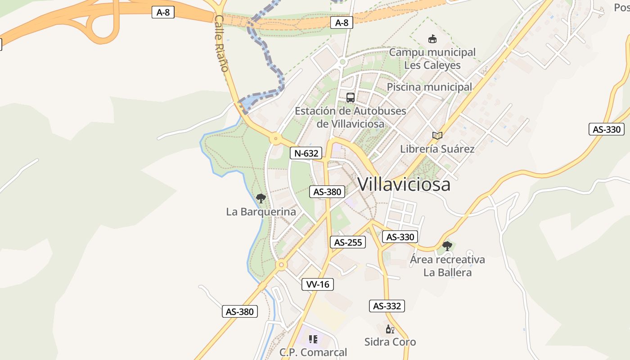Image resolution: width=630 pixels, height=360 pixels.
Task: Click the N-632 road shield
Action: [x=306, y=153]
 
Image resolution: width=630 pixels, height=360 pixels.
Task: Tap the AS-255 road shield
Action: [x=348, y=242]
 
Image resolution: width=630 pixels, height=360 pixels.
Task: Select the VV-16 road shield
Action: [x=318, y=284]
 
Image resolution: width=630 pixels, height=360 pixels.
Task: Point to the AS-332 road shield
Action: [x=387, y=306]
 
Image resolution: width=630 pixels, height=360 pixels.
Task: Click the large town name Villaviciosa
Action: [x=404, y=184]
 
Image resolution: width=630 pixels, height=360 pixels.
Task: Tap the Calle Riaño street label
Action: [x=222, y=44]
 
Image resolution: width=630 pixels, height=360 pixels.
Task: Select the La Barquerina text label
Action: [x=261, y=211]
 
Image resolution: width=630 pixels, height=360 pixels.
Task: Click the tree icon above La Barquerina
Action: [x=261, y=198]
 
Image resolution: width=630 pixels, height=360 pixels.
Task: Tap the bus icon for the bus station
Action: [x=351, y=97]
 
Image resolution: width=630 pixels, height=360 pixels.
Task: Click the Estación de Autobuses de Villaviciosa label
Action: [x=351, y=117]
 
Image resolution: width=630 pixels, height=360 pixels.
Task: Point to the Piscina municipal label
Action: [x=429, y=87]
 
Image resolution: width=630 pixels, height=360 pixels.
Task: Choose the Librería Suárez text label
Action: [x=437, y=148]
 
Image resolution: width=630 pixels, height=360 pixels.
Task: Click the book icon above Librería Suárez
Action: [x=437, y=135]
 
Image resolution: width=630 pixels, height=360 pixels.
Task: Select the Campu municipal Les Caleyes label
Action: [x=432, y=58]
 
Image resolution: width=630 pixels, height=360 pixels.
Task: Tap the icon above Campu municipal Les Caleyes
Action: [x=432, y=39]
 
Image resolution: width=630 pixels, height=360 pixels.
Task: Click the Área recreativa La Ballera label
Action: [x=447, y=266]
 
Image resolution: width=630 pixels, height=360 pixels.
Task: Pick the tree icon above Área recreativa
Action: [x=447, y=246]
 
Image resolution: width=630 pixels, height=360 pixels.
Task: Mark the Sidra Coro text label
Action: [x=390, y=342]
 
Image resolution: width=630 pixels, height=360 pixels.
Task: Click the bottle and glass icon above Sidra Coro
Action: [x=390, y=329]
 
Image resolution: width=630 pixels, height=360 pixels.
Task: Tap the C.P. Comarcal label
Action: [x=313, y=352]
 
